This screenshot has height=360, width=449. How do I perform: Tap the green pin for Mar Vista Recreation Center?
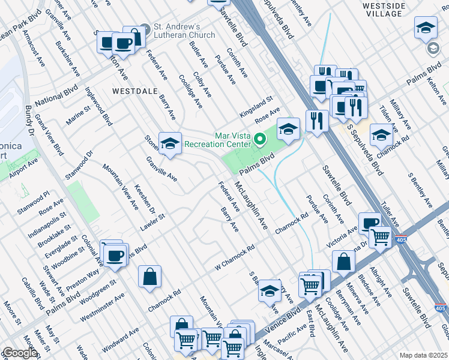coord(260,140)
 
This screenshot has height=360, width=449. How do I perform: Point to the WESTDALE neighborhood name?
coord(134,91)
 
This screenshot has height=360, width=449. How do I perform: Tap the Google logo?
coord(19,353)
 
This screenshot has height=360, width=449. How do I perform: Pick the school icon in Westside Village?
coord(426,27)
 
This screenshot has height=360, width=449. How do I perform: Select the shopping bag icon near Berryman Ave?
coord(343,261)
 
